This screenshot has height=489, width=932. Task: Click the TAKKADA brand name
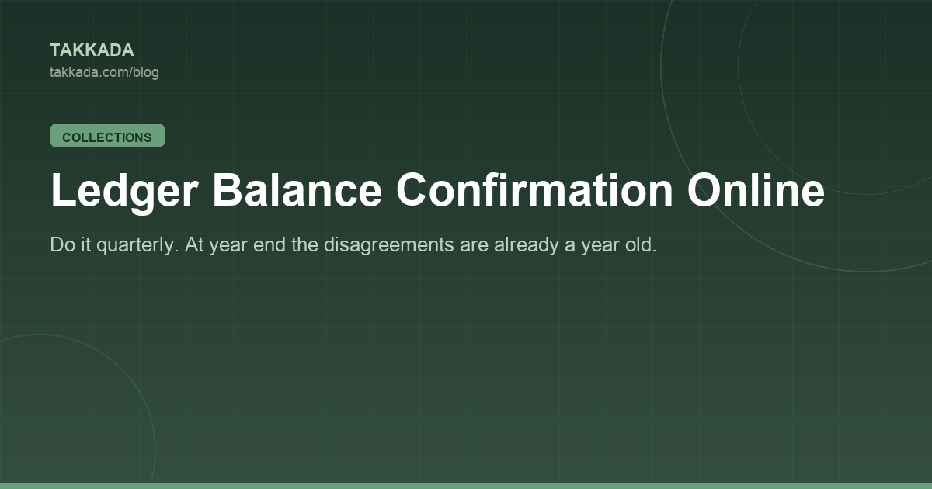click(92, 50)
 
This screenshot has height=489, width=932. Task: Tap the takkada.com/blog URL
click(104, 72)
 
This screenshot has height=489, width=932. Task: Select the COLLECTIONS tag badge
click(107, 136)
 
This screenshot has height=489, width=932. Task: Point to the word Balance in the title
click(297, 189)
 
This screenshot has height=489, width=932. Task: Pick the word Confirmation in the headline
click(534, 189)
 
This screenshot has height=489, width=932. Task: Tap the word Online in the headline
click(756, 189)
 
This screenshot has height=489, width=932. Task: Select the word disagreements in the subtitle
click(388, 245)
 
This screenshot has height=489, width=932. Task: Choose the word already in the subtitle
click(526, 245)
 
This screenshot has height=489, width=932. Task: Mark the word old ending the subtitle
click(641, 244)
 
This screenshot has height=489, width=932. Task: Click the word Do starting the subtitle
click(62, 244)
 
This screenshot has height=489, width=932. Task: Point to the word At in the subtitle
click(194, 244)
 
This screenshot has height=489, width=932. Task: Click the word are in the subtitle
click(474, 246)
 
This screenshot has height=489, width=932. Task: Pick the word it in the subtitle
click(86, 244)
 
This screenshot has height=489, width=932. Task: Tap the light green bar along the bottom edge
click(466, 486)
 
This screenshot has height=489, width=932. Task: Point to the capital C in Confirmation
click(412, 189)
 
